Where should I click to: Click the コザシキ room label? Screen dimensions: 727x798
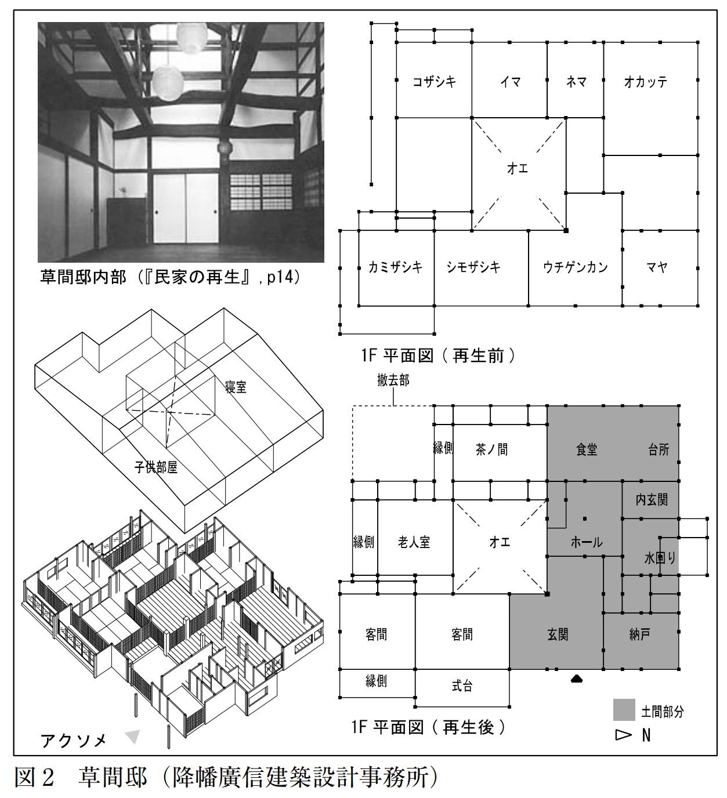click(434, 82)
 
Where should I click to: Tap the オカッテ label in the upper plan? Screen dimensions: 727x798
click(645, 82)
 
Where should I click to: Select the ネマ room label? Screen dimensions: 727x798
click(576, 82)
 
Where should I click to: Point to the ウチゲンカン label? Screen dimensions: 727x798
click(576, 267)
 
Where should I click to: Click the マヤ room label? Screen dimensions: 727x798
click(657, 267)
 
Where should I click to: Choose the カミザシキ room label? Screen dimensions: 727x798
click(395, 267)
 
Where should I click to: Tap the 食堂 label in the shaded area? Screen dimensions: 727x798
click(587, 449)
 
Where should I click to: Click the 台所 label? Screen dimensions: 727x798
click(659, 449)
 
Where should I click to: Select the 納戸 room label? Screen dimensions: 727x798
click(640, 634)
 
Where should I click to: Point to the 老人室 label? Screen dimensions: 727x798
click(414, 542)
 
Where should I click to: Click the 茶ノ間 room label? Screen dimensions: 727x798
click(491, 449)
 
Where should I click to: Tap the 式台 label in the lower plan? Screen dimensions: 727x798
click(462, 686)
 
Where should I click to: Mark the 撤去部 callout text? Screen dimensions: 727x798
click(393, 380)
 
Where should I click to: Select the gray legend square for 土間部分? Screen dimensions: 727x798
click(624, 710)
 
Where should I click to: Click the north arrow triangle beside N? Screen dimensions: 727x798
click(624, 735)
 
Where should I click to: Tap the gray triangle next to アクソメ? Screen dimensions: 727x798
click(133, 737)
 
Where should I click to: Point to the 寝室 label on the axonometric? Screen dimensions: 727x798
click(236, 387)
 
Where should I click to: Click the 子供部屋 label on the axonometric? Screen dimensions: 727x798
click(155, 467)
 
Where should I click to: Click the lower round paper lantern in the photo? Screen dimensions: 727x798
click(168, 83)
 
